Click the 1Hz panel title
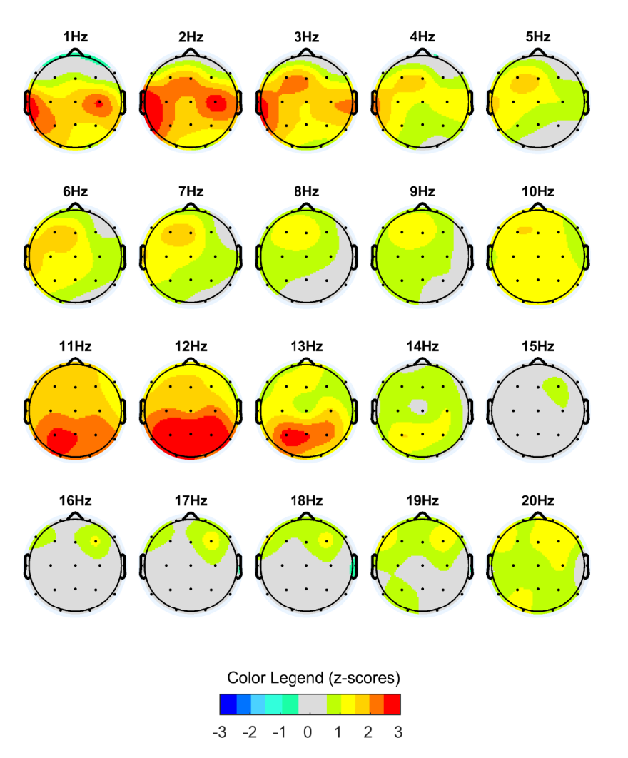(74, 36)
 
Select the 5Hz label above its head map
(538, 36)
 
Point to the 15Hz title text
(538, 346)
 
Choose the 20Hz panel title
(538, 501)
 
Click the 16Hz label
(74, 501)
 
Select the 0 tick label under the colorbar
(308, 732)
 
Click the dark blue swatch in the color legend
(227, 704)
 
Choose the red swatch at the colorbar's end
(392, 704)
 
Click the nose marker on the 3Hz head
(306, 51)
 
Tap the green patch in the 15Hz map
(556, 391)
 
